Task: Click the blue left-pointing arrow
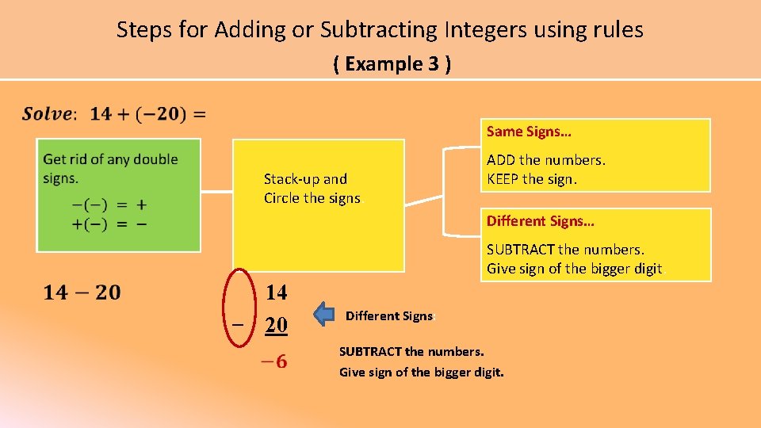click(x=324, y=314)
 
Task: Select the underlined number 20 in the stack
click(x=276, y=325)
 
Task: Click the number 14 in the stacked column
click(x=276, y=292)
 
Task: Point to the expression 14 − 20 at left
click(x=82, y=293)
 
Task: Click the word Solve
click(x=48, y=114)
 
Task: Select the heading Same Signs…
click(x=529, y=132)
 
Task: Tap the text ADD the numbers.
click(x=546, y=160)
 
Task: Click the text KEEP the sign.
click(x=532, y=179)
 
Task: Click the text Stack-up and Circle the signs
click(x=312, y=189)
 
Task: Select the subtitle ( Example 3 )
click(x=392, y=64)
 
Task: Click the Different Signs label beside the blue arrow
click(x=388, y=315)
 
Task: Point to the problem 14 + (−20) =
click(x=148, y=114)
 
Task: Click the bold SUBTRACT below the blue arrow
click(x=370, y=351)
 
